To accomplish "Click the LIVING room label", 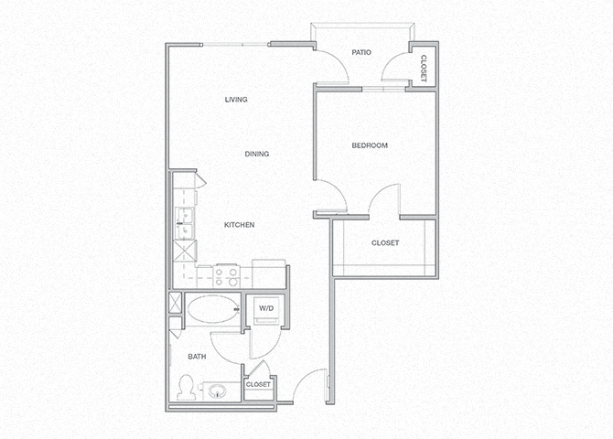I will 236,100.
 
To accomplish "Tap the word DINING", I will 257,155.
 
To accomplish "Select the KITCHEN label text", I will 239,225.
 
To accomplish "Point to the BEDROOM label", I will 370,146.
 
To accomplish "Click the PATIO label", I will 361,53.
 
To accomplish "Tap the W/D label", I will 266,309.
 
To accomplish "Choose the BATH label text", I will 197,357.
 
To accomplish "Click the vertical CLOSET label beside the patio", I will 423,66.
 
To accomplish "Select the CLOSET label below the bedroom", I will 384,243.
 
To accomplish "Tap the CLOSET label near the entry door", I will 258,385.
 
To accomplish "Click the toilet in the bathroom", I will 187,388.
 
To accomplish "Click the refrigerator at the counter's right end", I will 269,273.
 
